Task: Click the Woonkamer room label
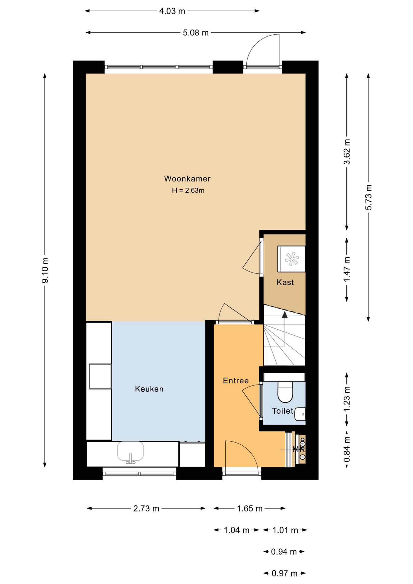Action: [187, 179]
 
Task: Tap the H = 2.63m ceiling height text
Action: [188, 191]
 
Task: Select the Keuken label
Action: [149, 389]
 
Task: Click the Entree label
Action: [236, 381]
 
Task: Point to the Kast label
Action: [285, 283]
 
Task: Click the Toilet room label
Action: [282, 411]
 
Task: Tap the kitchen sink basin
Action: [130, 451]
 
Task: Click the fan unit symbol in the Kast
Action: [291, 259]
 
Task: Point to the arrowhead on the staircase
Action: [285, 315]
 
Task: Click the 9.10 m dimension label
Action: [45, 270]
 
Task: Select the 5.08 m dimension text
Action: [196, 33]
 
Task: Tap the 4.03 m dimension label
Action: [172, 11]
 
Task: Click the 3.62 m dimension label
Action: [347, 151]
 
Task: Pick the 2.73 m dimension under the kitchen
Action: [146, 509]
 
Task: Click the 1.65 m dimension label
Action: [249, 509]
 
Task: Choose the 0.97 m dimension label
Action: [284, 574]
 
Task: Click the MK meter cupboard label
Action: [298, 449]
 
